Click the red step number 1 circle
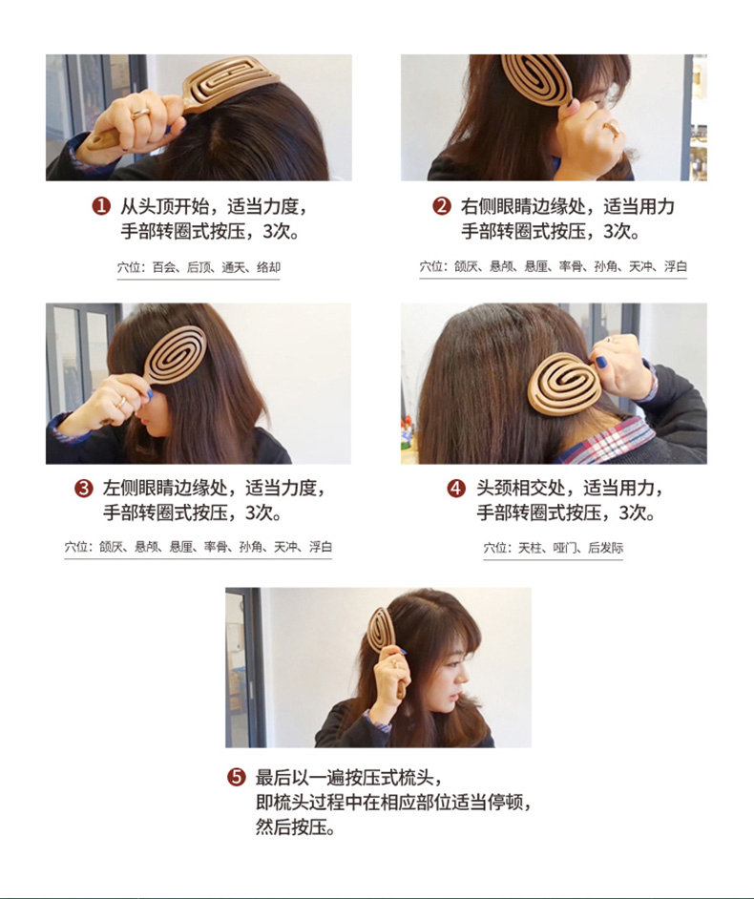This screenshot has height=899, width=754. pos(101,205)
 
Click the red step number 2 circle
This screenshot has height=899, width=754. pos(442,205)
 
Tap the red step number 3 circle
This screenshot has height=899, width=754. pos(84,488)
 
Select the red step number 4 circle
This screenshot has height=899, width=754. pos(456,488)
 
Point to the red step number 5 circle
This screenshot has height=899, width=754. pos(237,777)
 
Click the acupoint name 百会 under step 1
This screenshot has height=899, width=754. pos(164,267)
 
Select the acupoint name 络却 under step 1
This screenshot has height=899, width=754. pos(268,267)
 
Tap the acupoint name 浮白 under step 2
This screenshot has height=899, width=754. pos(676,266)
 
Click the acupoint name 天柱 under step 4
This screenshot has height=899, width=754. pos(530,548)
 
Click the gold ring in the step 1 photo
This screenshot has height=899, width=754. pos(140,114)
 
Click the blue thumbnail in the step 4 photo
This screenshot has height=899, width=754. pos(600,363)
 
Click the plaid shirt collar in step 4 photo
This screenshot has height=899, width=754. pos(608,440)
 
